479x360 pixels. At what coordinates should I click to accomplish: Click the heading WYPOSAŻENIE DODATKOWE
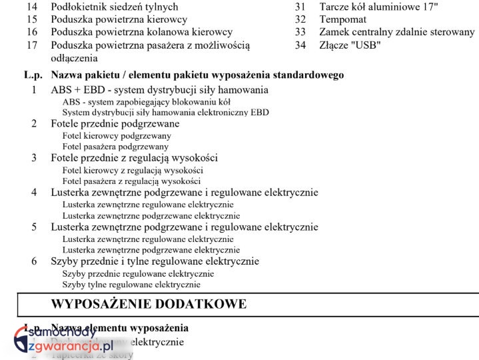(x=149, y=305)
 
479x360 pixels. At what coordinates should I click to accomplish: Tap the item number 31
(x=300, y=7)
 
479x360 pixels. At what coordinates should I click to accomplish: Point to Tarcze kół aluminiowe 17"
(x=378, y=7)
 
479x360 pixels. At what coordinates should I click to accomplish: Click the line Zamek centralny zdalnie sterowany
(x=397, y=32)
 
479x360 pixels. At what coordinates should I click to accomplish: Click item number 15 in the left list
(x=32, y=19)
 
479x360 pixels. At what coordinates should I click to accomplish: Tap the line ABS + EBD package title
(x=159, y=89)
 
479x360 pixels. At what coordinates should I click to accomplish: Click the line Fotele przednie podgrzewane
(x=115, y=123)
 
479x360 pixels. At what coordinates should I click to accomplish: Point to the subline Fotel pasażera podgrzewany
(x=115, y=147)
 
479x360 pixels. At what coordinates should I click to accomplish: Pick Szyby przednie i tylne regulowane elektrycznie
(x=155, y=261)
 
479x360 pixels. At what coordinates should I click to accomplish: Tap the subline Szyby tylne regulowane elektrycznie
(x=131, y=285)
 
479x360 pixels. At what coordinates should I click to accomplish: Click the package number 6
(x=34, y=261)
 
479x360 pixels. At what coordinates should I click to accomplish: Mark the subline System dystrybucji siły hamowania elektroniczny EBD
(x=165, y=113)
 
